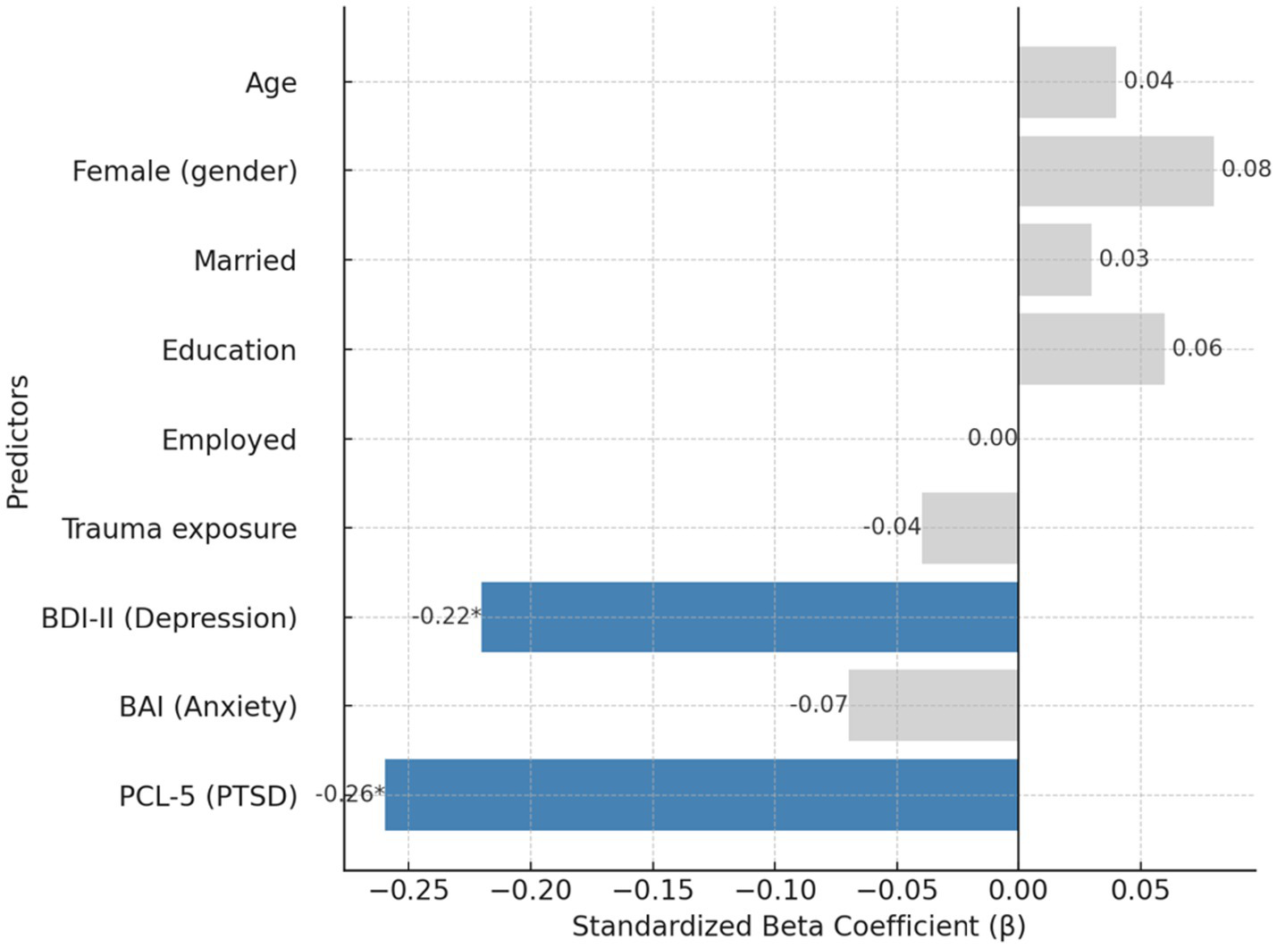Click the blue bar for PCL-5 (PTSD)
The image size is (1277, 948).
coord(702,794)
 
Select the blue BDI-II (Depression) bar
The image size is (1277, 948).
coord(750,617)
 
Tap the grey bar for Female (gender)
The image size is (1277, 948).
coord(1116,171)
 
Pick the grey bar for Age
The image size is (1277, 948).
coord(1067,82)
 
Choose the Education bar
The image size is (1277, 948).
coord(1091,348)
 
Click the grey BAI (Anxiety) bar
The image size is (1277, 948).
coord(933,705)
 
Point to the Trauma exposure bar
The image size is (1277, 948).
coord(970,528)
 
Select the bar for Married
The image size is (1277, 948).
coord(1054,259)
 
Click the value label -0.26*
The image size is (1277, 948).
coord(349,793)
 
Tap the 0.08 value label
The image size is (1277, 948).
coord(1246,169)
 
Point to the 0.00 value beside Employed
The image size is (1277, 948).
coord(992,438)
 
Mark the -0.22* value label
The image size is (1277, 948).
coord(446,616)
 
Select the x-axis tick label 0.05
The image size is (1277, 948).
coord(1139,891)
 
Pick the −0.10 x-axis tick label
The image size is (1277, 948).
coord(774,891)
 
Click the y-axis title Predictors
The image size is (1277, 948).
coord(18,442)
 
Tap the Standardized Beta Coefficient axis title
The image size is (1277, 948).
coord(798,927)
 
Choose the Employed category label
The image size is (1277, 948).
coord(229,440)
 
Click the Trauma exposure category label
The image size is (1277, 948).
coord(179,529)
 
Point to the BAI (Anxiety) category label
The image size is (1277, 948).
coord(207,707)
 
